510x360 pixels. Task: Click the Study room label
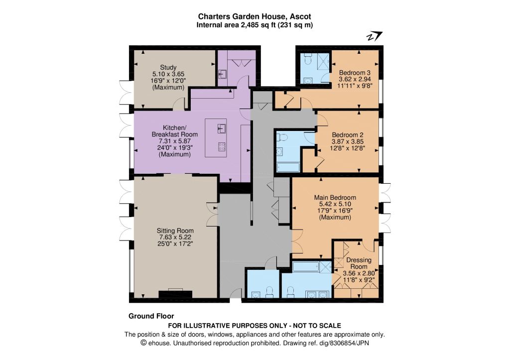pyautogui.click(x=168, y=67)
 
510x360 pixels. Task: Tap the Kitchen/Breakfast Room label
pyautogui.click(x=175, y=131)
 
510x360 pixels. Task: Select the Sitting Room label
pyautogui.click(x=175, y=231)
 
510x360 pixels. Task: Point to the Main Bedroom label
pyautogui.click(x=335, y=197)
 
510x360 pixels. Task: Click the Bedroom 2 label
pyautogui.click(x=348, y=134)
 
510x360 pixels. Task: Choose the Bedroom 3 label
pyautogui.click(x=355, y=72)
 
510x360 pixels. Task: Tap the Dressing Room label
pyautogui.click(x=359, y=263)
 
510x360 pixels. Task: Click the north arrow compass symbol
pyautogui.click(x=375, y=36)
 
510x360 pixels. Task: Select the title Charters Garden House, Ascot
pyautogui.click(x=255, y=16)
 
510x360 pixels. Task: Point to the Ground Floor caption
pyautogui.click(x=151, y=316)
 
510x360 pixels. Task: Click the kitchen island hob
pyautogui.click(x=222, y=147)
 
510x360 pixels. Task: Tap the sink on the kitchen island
pyautogui.click(x=222, y=128)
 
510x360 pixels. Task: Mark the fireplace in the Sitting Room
pyautogui.click(x=175, y=293)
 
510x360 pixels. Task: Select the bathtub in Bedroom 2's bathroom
pyautogui.click(x=288, y=167)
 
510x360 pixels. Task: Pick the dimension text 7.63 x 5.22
pyautogui.click(x=175, y=237)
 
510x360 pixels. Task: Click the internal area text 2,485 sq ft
pyautogui.click(x=258, y=25)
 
